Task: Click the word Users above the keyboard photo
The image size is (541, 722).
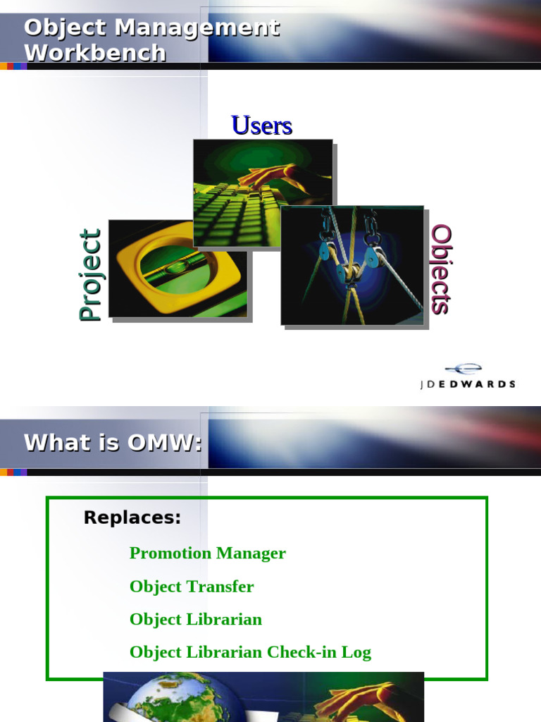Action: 261,126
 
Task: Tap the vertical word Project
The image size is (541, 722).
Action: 90,275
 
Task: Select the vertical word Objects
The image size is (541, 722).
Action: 441,269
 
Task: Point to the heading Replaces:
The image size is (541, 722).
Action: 132,518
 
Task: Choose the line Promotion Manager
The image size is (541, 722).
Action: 207,553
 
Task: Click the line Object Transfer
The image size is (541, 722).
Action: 192,586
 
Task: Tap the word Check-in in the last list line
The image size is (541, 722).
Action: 301,652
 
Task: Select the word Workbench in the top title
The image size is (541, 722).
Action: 95,53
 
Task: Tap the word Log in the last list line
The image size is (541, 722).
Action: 356,652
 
